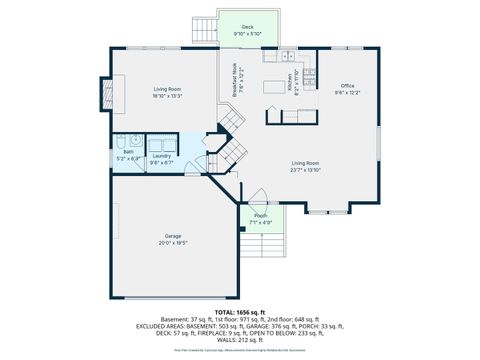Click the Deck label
click(x=247, y=27)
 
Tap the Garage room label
click(x=173, y=235)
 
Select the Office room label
click(x=347, y=86)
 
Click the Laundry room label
click(x=162, y=155)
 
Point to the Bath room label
click(x=128, y=152)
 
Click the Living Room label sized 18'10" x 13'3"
click(x=167, y=89)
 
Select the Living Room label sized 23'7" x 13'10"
click(x=305, y=163)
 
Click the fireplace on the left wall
click(x=103, y=95)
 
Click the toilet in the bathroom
click(x=120, y=141)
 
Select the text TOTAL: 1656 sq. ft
click(x=241, y=313)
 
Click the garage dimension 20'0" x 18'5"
click(x=173, y=242)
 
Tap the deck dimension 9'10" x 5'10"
click(x=247, y=34)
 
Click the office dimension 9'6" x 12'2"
click(x=347, y=93)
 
